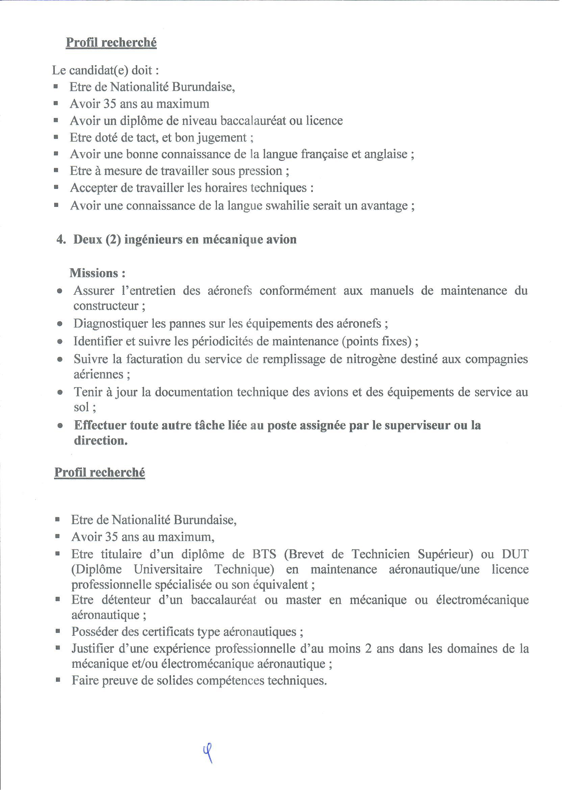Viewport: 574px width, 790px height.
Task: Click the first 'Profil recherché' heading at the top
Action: (x=111, y=43)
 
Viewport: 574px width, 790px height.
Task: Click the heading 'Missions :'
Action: (x=98, y=273)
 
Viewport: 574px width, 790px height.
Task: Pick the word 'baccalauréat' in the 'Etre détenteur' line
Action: (x=223, y=599)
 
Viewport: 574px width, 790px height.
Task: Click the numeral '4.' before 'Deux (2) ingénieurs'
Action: (x=61, y=240)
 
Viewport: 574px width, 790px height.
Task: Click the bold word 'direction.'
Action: (x=101, y=441)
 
